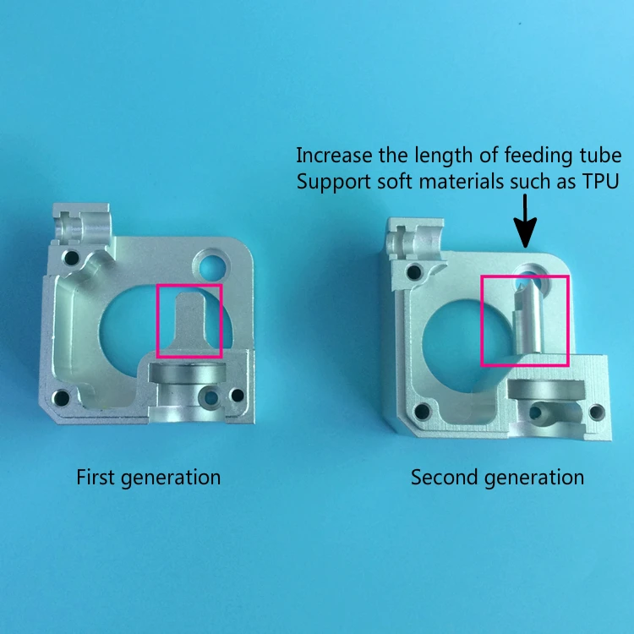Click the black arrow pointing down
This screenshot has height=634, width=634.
[525, 221]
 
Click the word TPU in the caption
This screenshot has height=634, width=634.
[600, 182]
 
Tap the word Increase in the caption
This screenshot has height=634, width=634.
[334, 156]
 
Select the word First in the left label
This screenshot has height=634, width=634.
[95, 477]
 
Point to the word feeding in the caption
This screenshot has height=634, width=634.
[536, 156]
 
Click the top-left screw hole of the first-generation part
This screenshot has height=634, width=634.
[72, 258]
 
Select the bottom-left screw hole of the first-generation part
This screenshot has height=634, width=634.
[61, 398]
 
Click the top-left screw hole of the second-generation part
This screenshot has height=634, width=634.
[414, 271]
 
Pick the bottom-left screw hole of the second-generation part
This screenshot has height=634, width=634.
[422, 411]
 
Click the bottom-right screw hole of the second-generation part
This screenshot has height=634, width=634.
[597, 412]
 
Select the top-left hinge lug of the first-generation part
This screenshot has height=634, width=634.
[83, 224]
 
